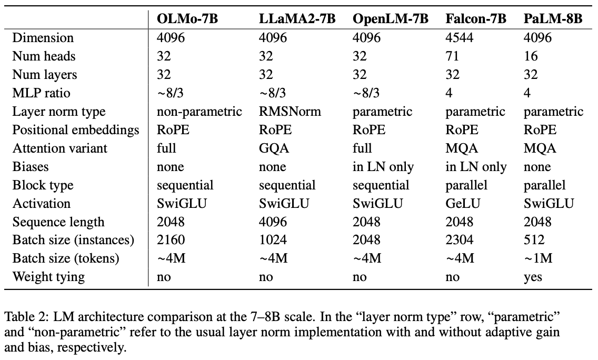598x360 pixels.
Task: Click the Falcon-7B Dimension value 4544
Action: (x=459, y=38)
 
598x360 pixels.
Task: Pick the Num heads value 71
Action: (x=452, y=56)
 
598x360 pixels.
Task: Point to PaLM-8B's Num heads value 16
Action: (x=531, y=56)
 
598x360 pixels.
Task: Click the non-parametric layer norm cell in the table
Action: (x=200, y=112)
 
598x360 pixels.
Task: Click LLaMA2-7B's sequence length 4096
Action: (x=274, y=222)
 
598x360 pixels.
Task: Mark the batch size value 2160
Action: (x=171, y=240)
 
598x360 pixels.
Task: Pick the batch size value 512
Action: (x=534, y=240)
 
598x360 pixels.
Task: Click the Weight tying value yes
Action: (x=533, y=277)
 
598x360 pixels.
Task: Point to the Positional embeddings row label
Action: (x=76, y=130)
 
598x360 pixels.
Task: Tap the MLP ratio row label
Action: (x=41, y=93)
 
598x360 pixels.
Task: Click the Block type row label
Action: (x=43, y=185)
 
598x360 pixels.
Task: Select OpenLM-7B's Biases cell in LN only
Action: (x=383, y=167)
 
